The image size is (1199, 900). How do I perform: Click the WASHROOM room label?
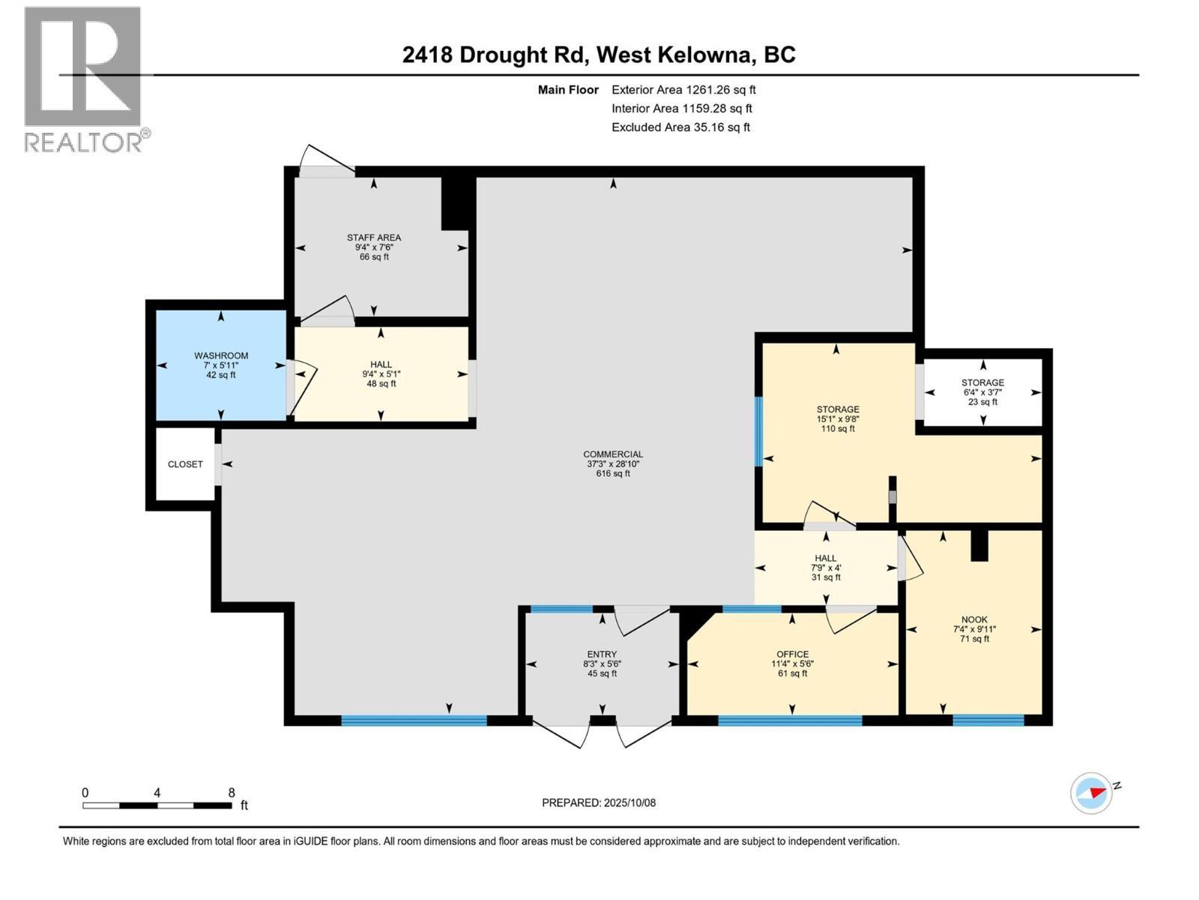point(221,364)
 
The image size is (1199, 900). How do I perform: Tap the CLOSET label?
point(185,464)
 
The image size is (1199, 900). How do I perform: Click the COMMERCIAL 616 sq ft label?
point(613,463)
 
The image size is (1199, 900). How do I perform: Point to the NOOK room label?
point(974,628)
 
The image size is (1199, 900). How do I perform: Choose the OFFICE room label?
point(792,663)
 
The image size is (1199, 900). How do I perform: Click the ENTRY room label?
point(602,663)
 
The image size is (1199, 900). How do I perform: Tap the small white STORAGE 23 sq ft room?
point(982,391)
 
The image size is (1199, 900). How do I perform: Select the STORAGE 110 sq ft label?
point(838,418)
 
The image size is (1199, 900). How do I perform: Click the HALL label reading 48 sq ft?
point(381,373)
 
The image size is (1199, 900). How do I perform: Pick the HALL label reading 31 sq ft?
point(826,567)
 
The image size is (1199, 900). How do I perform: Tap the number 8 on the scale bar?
point(232,793)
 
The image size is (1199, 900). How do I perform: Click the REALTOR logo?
point(84,79)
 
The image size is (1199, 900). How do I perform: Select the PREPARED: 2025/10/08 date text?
point(599,802)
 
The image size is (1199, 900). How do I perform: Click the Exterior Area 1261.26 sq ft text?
point(683,89)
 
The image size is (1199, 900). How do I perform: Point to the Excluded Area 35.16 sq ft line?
point(680,127)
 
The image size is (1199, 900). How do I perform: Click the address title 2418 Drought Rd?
point(599,55)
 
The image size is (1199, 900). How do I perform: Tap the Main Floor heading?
point(568,89)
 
